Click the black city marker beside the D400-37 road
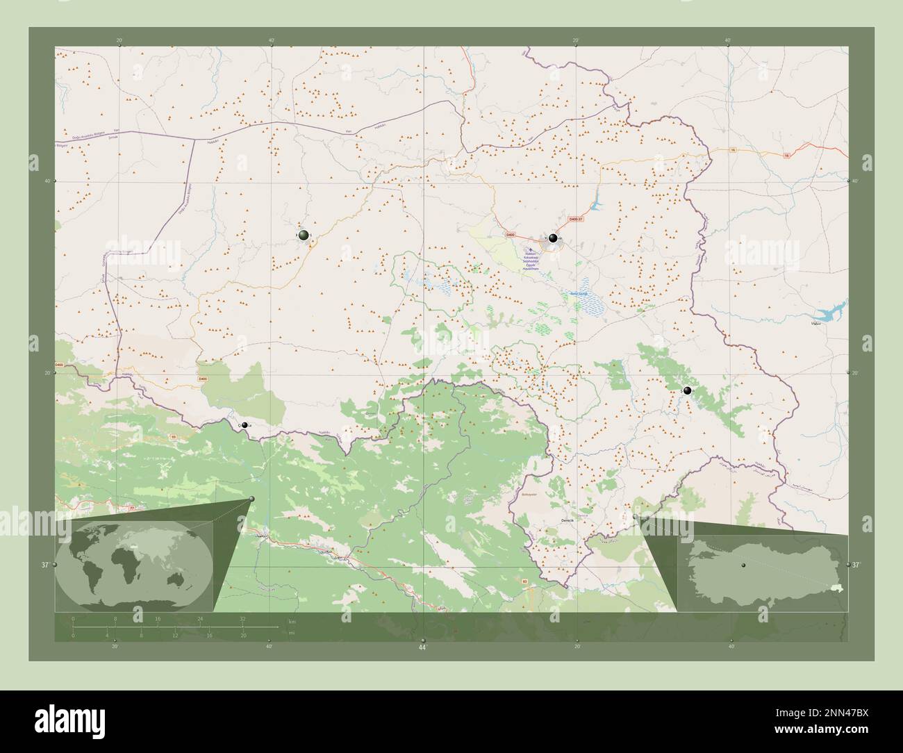(x=553, y=238)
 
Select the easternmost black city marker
(x=687, y=391)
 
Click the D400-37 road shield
(x=576, y=220)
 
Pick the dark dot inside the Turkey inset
(x=743, y=565)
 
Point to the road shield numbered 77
(x=131, y=509)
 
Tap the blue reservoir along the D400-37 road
(x=595, y=206)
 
